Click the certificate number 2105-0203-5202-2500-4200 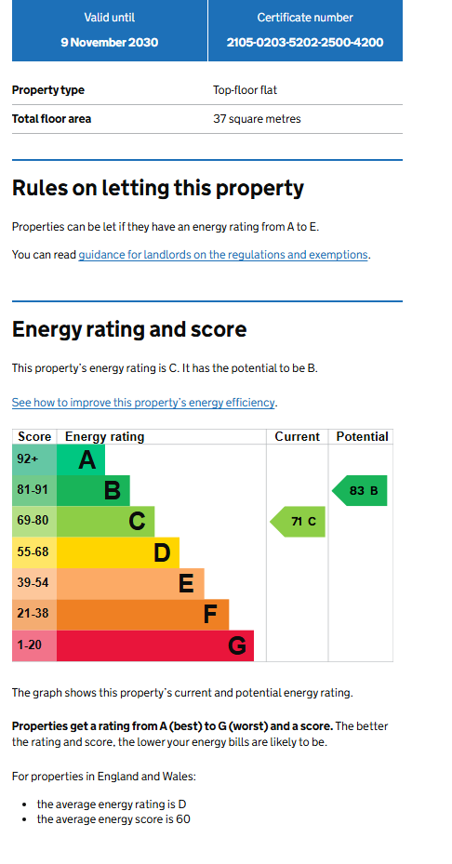[x=305, y=43]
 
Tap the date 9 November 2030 [x=109, y=43]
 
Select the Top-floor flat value [x=246, y=90]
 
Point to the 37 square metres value [x=257, y=119]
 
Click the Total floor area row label [x=52, y=119]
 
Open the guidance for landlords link [x=222, y=255]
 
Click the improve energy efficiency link [x=143, y=403]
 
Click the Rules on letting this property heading [x=158, y=189]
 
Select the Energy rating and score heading [x=129, y=329]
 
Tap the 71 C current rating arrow [x=298, y=521]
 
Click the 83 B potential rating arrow [x=359, y=490]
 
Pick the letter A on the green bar [x=87, y=460]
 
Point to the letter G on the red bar [x=237, y=645]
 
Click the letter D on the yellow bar [x=162, y=552]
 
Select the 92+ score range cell [x=34, y=459]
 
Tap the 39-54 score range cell [x=34, y=583]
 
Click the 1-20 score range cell [x=34, y=645]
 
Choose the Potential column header [x=362, y=437]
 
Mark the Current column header [x=297, y=437]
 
